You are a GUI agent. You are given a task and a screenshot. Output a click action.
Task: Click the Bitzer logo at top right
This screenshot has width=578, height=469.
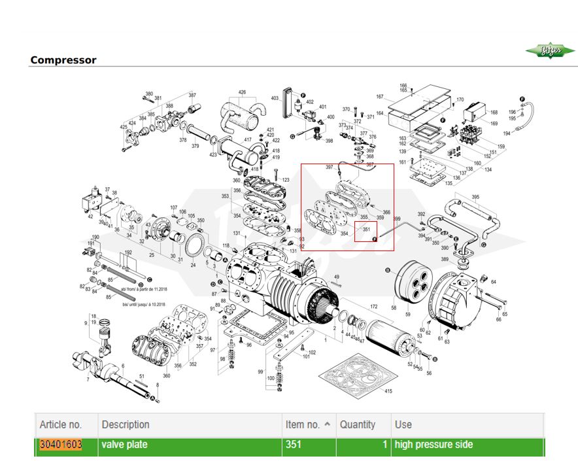[x=551, y=52]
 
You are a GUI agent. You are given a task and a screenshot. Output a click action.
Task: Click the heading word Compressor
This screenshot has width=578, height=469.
[x=63, y=60]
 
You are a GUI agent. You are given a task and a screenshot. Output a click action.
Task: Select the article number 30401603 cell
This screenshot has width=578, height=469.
[x=61, y=445]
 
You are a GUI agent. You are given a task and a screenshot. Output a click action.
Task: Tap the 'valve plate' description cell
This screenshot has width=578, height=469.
[x=124, y=445]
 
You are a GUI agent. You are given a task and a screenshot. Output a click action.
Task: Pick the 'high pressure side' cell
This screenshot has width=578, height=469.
[x=433, y=445]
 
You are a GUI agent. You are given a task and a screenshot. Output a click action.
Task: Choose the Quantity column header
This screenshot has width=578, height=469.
[x=358, y=425]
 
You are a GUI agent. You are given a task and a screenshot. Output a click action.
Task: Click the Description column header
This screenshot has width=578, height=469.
[x=126, y=425]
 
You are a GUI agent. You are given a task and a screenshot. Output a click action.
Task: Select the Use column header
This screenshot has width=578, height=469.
[x=403, y=425]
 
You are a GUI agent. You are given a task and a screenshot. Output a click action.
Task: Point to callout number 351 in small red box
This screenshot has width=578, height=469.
[x=367, y=229]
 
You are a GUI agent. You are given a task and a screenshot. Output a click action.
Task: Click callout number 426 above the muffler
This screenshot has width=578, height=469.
[x=242, y=92]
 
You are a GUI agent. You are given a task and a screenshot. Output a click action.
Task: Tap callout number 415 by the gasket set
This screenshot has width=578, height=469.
[x=388, y=391]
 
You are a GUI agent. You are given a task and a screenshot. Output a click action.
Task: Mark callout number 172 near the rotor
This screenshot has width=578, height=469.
[x=374, y=307]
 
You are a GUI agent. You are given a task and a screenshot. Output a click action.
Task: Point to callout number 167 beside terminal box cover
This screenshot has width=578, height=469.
[x=380, y=97]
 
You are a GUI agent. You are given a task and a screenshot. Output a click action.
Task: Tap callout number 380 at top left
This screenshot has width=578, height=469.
[x=148, y=94]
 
